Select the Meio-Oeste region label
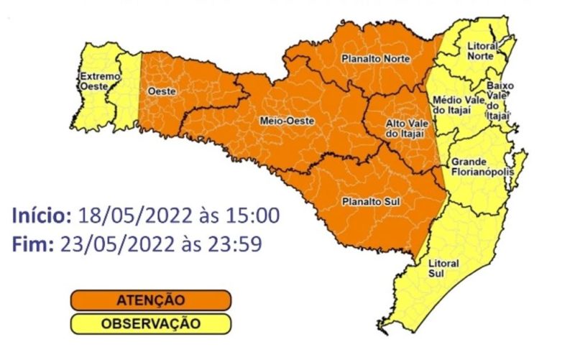pyautogui.click(x=286, y=121)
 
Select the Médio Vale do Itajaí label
pyautogui.click(x=459, y=106)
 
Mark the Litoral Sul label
pyautogui.click(x=448, y=268)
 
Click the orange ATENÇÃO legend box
pyautogui.click(x=150, y=300)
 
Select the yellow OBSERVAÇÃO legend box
pyautogui.click(x=150, y=323)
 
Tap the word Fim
pyautogui.click(x=32, y=244)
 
